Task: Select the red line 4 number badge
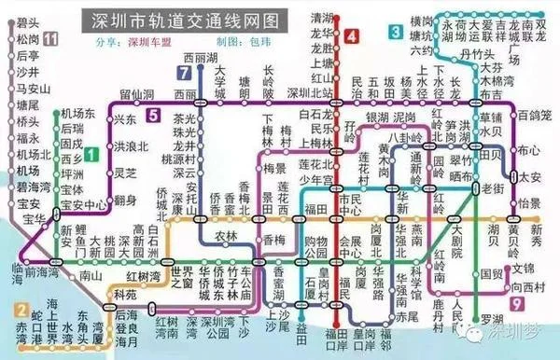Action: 351,37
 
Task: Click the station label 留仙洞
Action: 136,95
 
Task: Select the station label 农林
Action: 227,236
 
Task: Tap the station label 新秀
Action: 543,228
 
